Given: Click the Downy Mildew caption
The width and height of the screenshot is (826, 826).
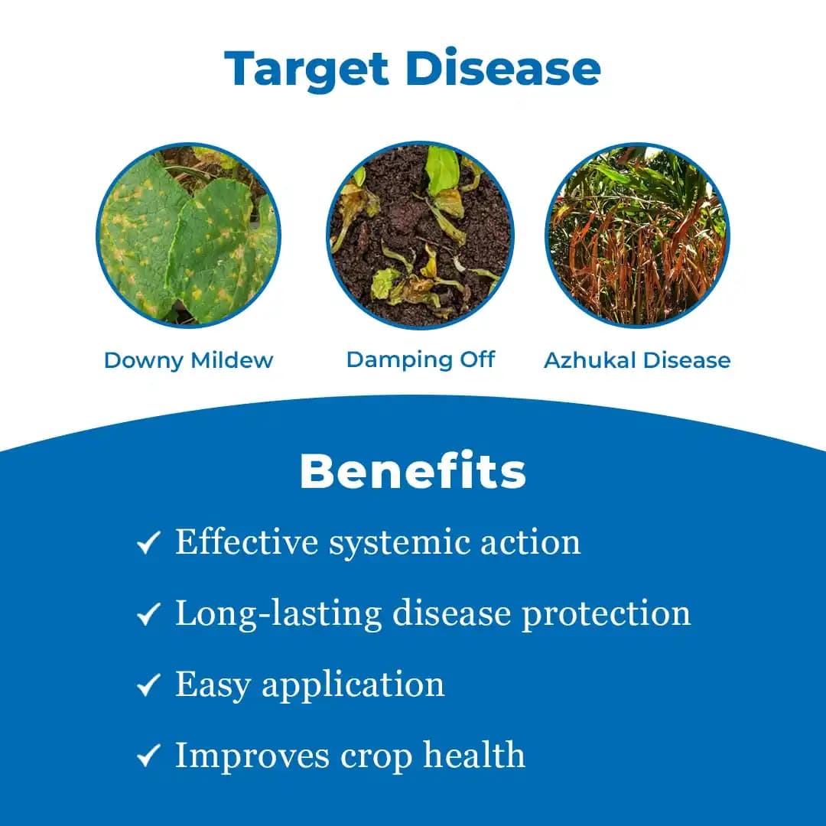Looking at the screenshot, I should point(188,360).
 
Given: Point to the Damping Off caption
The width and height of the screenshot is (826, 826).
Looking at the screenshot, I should point(420,359).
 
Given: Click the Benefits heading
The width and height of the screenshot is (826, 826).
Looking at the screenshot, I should point(412,472).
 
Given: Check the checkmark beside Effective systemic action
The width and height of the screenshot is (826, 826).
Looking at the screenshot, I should point(148,544).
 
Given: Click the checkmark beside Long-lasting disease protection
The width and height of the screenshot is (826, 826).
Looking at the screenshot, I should point(148,614).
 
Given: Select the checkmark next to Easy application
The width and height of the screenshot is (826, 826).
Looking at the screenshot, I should point(148,685).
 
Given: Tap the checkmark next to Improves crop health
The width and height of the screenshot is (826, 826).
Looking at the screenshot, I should point(148,756).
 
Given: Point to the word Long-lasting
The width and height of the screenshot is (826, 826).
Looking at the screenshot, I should point(278,613).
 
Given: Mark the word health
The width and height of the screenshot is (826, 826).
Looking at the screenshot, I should point(474,755).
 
